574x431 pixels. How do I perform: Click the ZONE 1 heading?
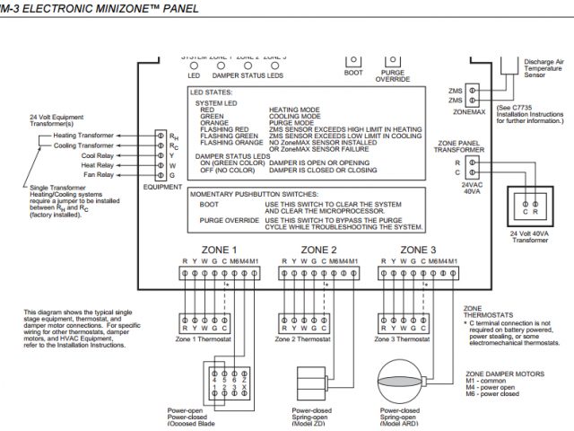click(222, 250)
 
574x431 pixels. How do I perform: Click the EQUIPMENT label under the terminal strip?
click(162, 187)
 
